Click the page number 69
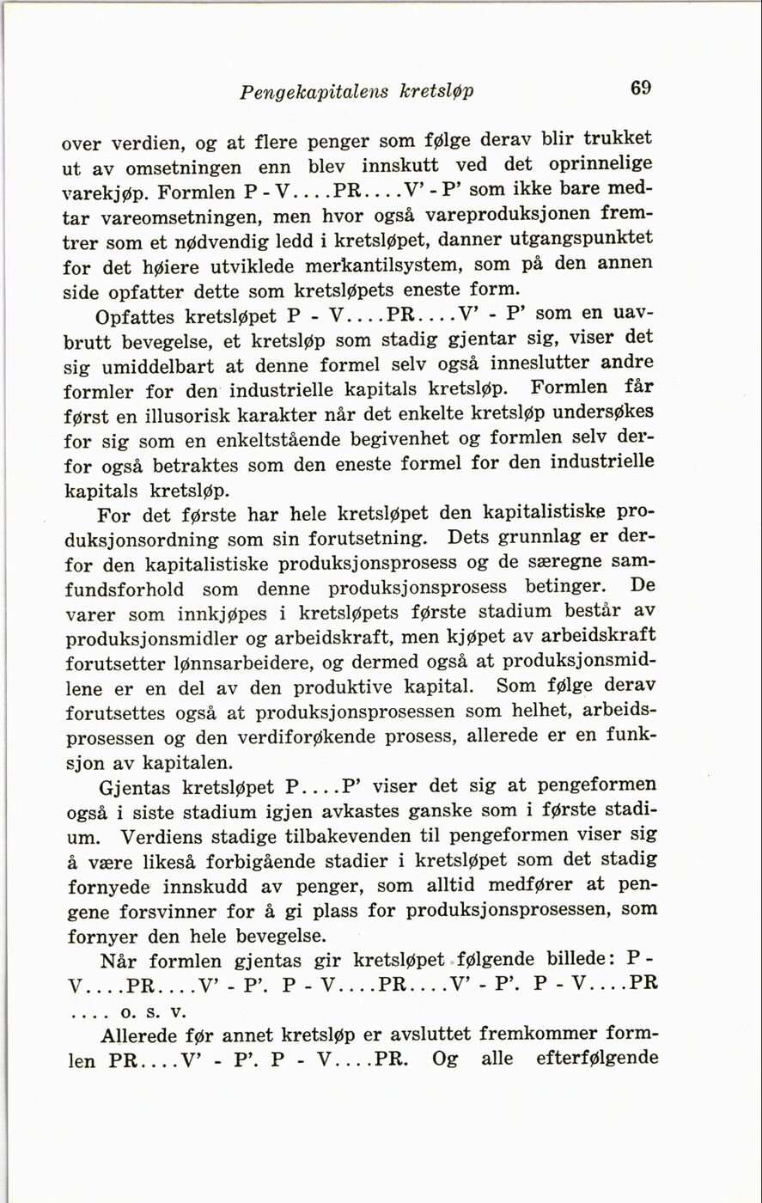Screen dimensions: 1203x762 pos(641,88)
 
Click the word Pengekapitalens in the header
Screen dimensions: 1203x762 pos(314,91)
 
